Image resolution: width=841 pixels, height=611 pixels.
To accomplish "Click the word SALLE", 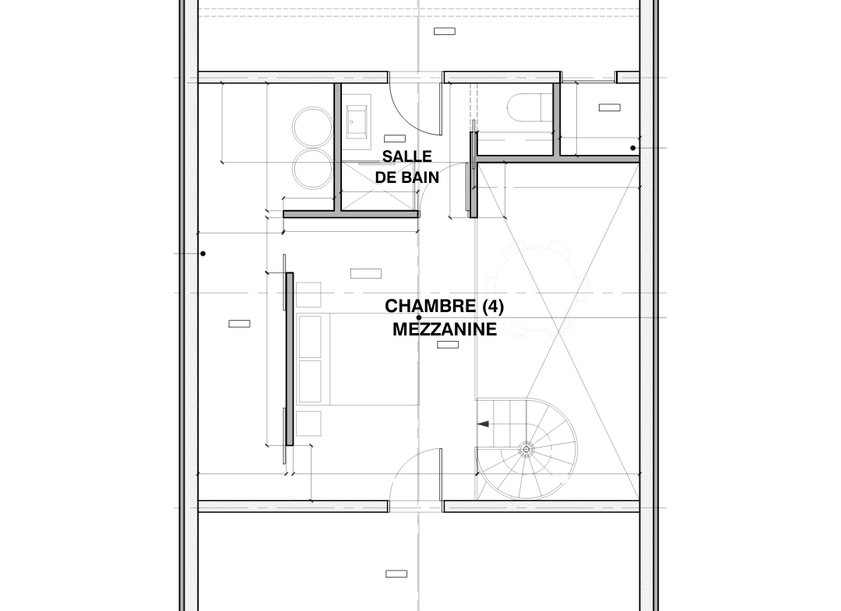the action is coord(406,156).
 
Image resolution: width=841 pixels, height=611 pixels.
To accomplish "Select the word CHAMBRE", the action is coord(430,306).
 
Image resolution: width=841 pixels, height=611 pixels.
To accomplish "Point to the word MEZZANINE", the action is coord(445,329).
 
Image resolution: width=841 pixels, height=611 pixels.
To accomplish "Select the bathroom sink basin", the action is coord(357,121).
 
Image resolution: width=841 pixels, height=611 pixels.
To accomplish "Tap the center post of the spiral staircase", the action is coord(526,449).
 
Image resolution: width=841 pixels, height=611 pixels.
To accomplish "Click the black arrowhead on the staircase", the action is coord(483,424).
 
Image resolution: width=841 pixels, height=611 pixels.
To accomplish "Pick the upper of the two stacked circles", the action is coord(312,127).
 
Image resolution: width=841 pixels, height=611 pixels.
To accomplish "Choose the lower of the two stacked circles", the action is coord(312,168).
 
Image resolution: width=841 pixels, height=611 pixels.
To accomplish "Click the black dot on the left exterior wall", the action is coord(202,254).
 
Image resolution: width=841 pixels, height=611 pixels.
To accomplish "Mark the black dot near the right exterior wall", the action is coord(633,148).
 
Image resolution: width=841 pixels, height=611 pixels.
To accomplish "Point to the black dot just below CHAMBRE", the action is coord(419,318).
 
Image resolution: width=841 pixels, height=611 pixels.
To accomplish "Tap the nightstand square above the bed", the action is coord(308,295).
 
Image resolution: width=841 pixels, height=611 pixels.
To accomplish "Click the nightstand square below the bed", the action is coord(308,423).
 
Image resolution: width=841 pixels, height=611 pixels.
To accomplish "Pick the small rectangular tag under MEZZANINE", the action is coord(448,345).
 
